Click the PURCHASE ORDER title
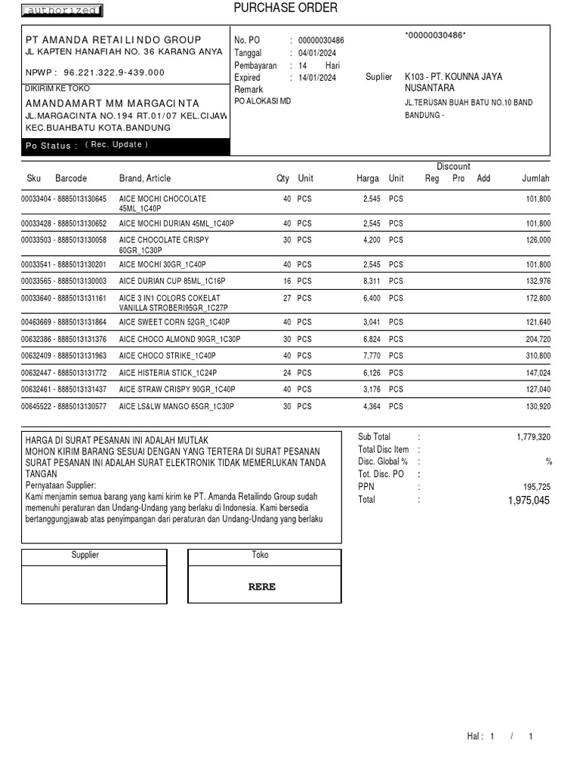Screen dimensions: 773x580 tap(285, 8)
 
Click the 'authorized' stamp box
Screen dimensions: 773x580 tap(62, 11)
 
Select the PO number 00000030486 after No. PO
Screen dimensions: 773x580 tap(321, 40)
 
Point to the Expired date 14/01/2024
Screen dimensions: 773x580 tap(317, 78)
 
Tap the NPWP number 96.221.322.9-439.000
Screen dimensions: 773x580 tap(114, 72)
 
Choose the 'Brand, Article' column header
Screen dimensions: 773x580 tap(145, 179)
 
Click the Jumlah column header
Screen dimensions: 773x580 tap(535, 179)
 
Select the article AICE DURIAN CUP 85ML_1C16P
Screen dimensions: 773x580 tap(172, 281)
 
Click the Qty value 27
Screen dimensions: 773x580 tap(286, 298)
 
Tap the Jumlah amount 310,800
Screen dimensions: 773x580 tap(538, 356)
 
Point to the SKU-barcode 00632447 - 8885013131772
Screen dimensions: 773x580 tap(64, 373)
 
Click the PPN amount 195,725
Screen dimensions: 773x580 tap(536, 487)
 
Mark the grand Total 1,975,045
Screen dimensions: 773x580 tap(529, 500)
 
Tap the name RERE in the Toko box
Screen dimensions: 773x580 tap(262, 587)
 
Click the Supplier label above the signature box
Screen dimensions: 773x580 tap(85, 555)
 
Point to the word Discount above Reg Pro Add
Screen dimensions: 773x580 tap(453, 167)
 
